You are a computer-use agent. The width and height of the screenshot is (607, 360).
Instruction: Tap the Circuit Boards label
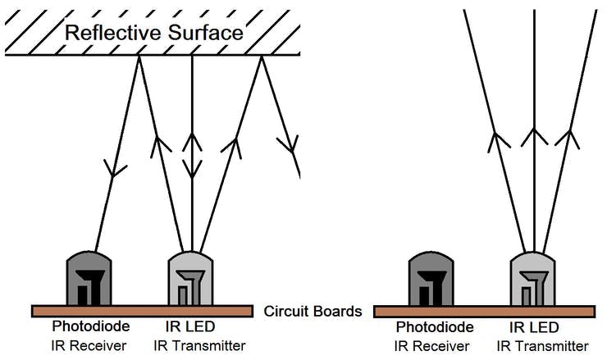[313, 312]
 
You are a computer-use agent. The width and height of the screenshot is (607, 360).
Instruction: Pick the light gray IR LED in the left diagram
[191, 279]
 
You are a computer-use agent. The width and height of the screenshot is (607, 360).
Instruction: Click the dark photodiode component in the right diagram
[430, 279]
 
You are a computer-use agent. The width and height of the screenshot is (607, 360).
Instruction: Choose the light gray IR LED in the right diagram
[534, 279]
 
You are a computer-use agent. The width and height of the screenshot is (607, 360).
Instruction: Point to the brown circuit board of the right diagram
[484, 312]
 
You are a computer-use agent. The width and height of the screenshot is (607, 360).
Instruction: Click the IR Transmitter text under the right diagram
[547, 345]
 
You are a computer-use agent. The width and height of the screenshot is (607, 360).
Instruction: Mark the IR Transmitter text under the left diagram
[204, 345]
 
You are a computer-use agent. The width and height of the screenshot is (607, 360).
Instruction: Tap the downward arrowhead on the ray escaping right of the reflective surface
[287, 146]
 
